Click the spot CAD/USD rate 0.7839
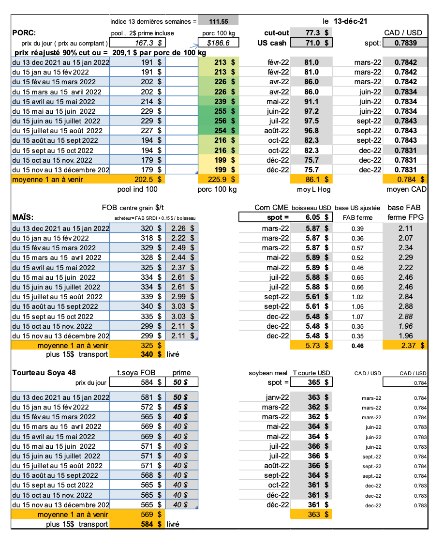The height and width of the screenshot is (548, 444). [407, 43]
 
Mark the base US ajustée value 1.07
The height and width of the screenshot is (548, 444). [357, 316]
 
